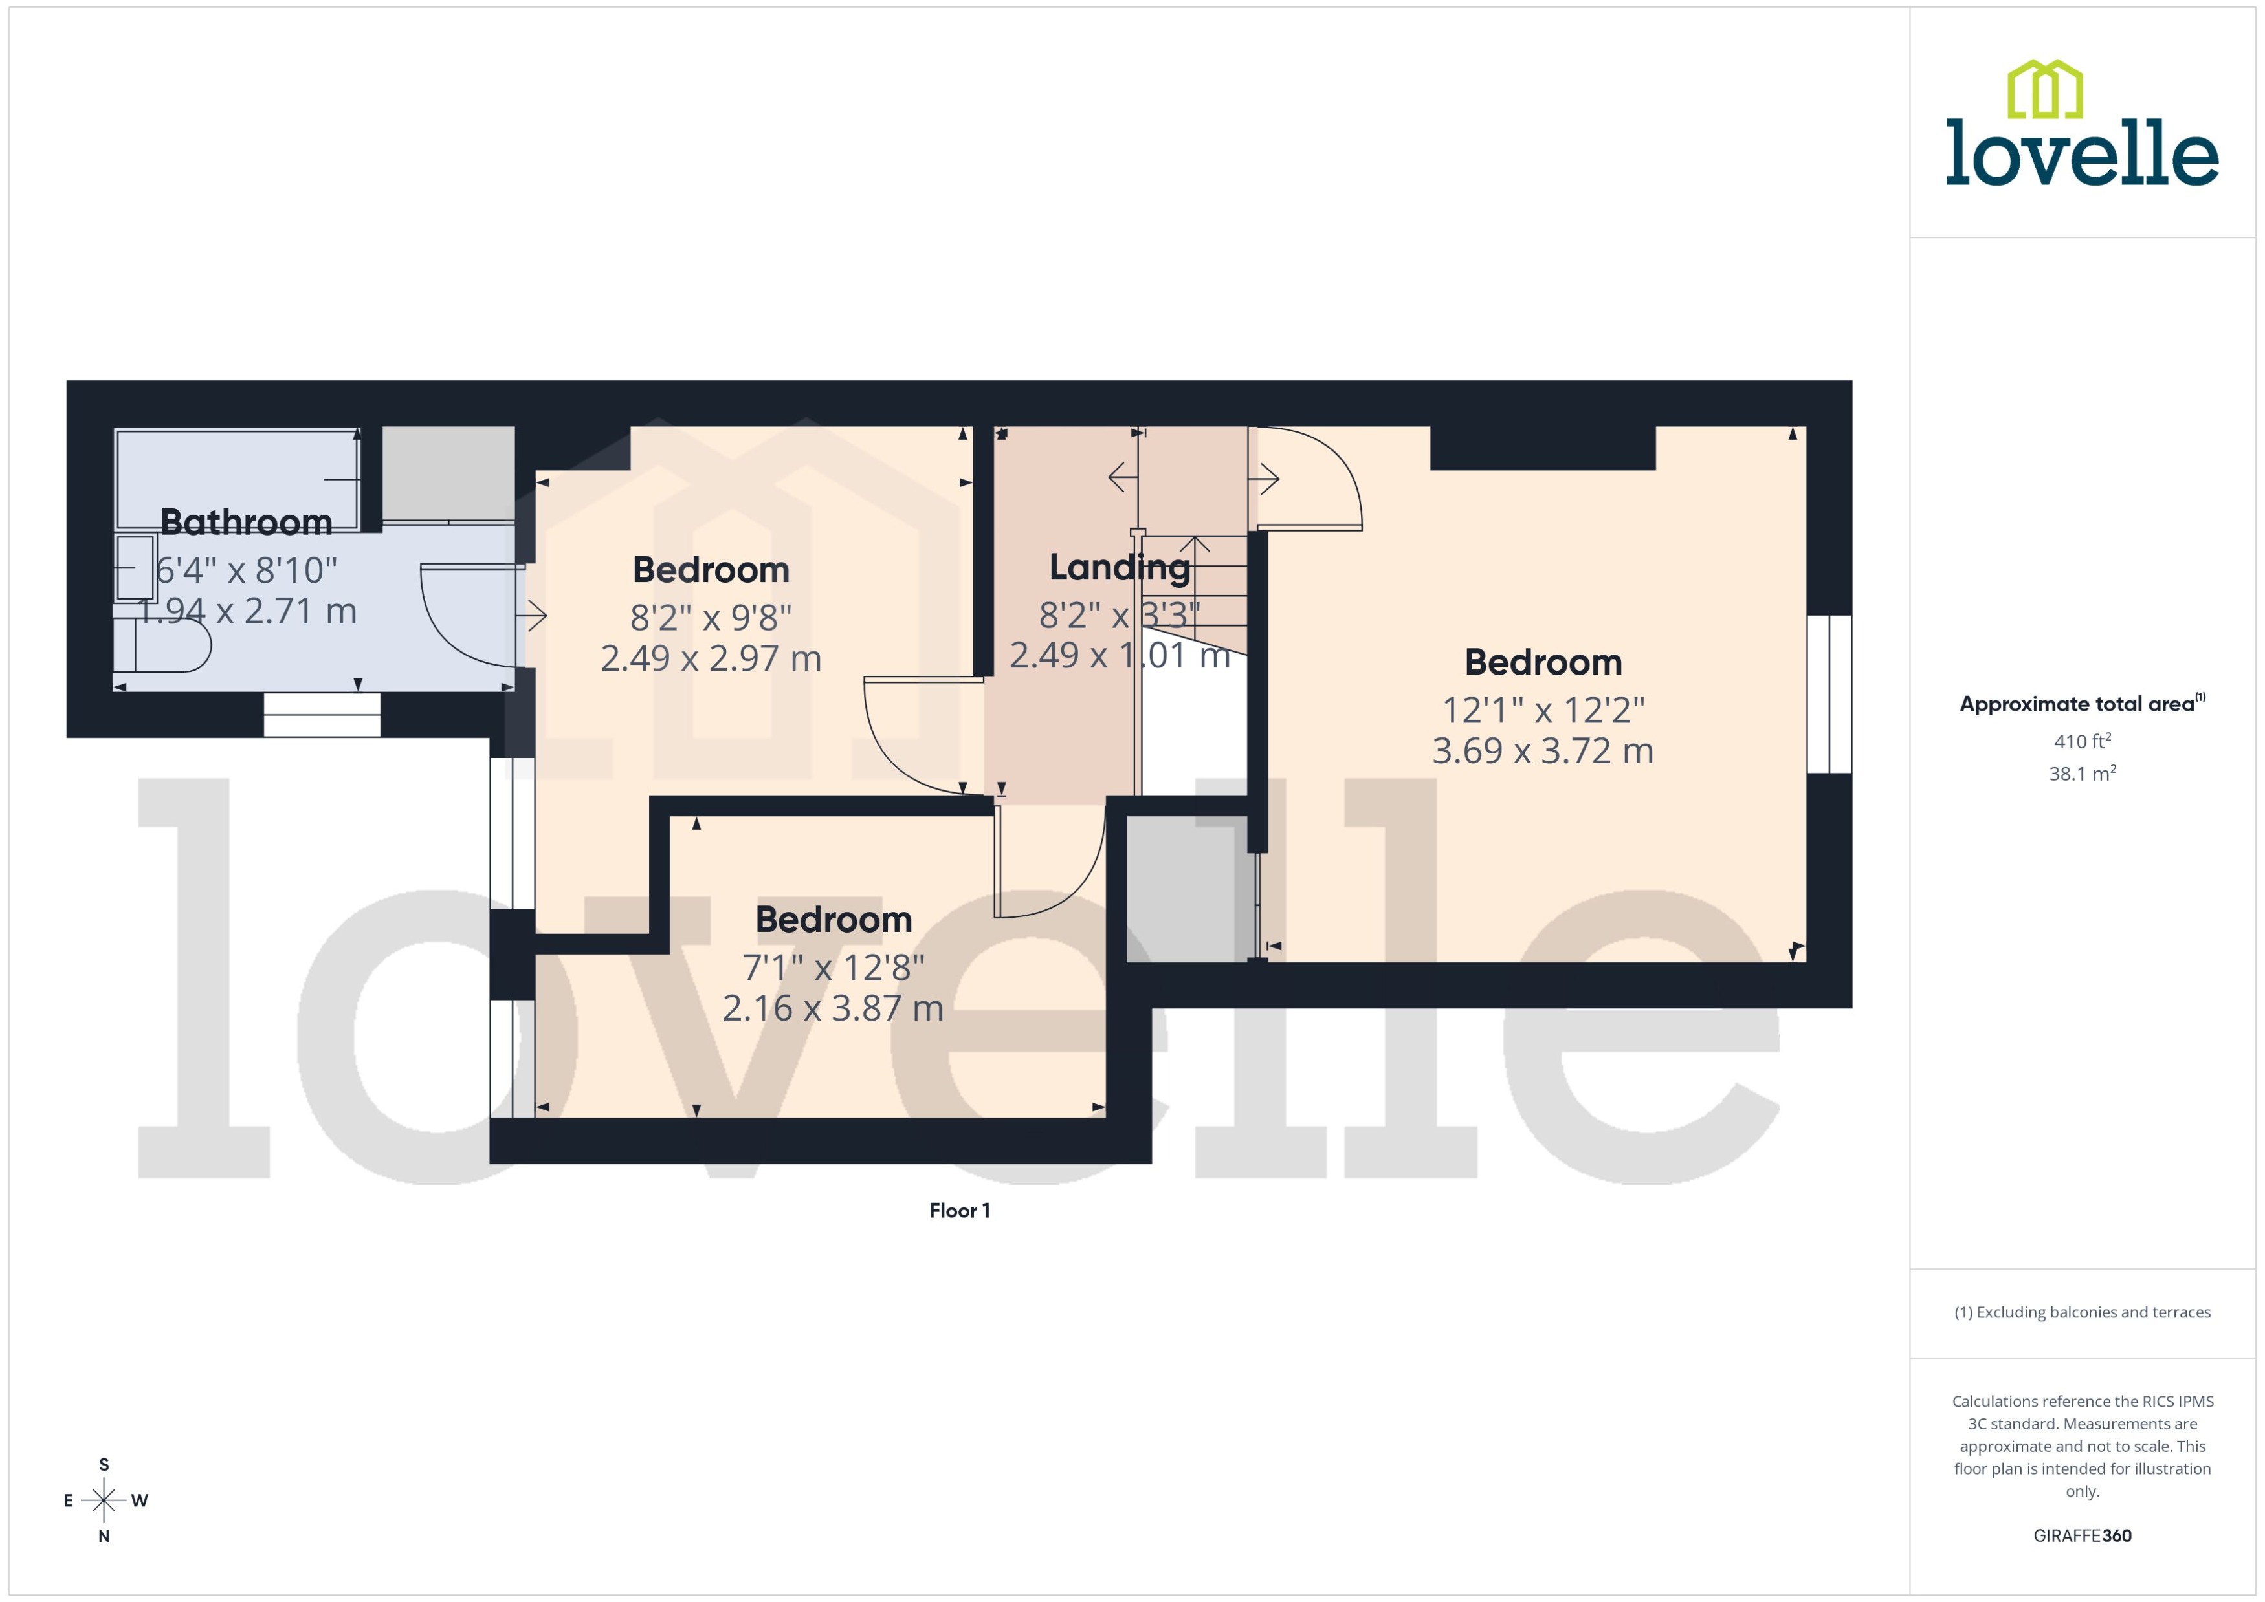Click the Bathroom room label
(x=246, y=522)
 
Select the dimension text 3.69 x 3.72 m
(x=1541, y=751)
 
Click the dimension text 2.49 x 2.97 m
(x=711, y=658)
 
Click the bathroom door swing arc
(x=454, y=622)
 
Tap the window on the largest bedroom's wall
(x=1829, y=693)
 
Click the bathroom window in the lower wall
(x=322, y=714)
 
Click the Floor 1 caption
(x=959, y=1210)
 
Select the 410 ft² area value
(x=2081, y=741)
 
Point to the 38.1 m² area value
(x=2081, y=774)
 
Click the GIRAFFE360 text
(x=2081, y=1535)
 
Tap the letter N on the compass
(x=104, y=1536)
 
